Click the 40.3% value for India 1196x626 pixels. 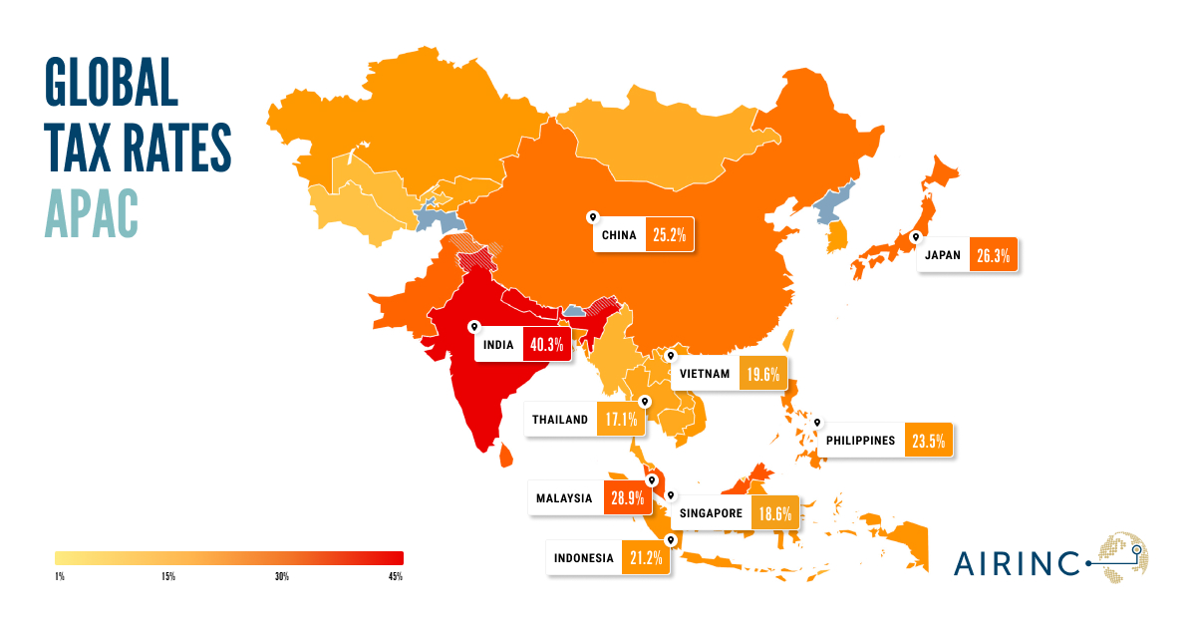(x=547, y=346)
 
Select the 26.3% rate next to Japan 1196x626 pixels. (x=993, y=255)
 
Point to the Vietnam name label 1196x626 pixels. (x=705, y=375)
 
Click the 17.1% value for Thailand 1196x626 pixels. (x=620, y=420)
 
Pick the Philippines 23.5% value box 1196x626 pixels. (x=931, y=440)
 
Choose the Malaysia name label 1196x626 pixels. (x=565, y=497)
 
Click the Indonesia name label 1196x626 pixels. (x=583, y=558)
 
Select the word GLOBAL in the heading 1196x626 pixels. (x=111, y=82)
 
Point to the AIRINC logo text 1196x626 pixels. (x=1016, y=563)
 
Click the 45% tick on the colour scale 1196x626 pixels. (x=396, y=577)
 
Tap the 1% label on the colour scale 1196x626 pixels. (x=60, y=577)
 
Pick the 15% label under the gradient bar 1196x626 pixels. (x=167, y=577)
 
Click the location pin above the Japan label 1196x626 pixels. (x=914, y=238)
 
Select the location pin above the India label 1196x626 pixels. (x=474, y=326)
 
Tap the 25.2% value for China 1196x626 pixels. (x=669, y=236)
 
